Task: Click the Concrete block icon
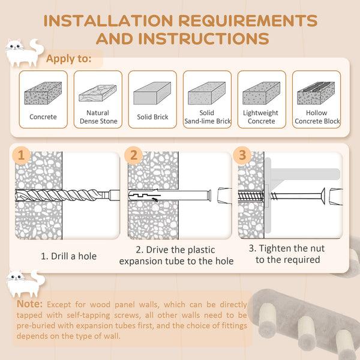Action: click(x=43, y=94)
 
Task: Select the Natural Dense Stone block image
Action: click(x=98, y=93)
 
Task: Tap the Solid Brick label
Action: click(x=152, y=117)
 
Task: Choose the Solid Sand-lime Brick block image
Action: click(x=207, y=94)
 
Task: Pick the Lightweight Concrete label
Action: click(x=261, y=117)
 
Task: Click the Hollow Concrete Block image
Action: click(x=316, y=94)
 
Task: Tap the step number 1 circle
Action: click(x=22, y=155)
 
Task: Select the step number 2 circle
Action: click(x=133, y=155)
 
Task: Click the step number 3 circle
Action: click(x=242, y=155)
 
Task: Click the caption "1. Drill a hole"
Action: click(x=68, y=256)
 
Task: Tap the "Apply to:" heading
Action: click(x=69, y=59)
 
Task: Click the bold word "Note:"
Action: click(x=29, y=304)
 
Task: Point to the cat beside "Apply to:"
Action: click(x=23, y=53)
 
